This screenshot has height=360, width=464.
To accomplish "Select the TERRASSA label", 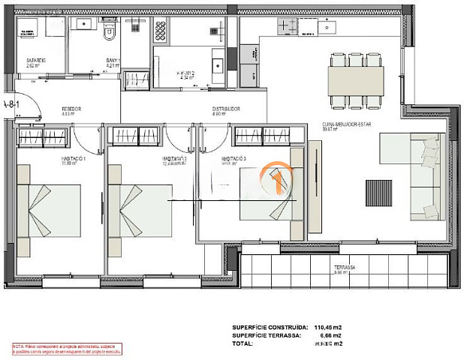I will coord(345,268).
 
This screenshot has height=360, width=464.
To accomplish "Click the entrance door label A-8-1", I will coord(9,104).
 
